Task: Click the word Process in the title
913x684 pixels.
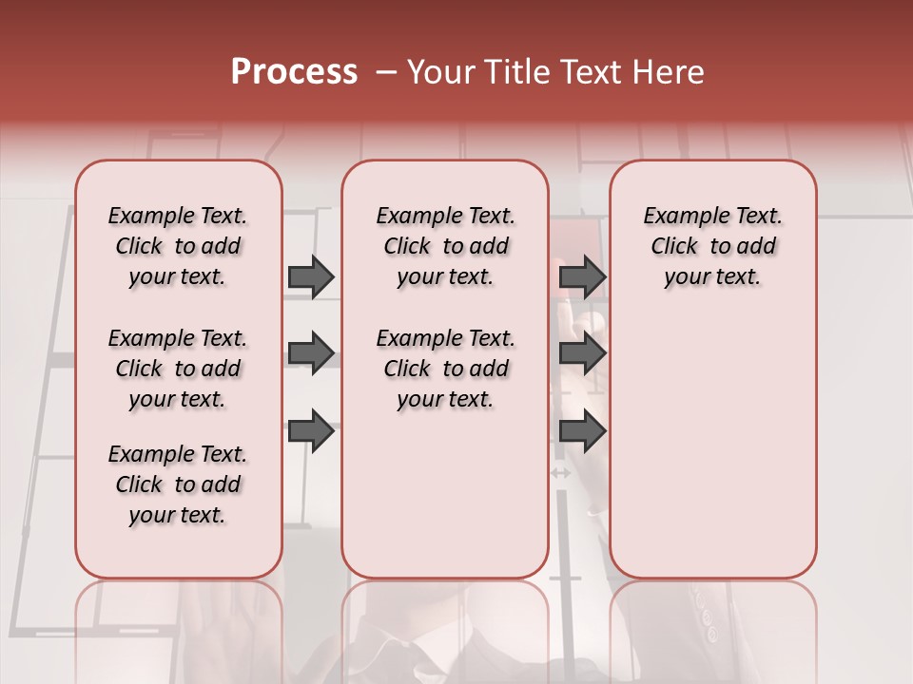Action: coord(294,72)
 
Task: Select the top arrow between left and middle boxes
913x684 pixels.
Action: coord(311,277)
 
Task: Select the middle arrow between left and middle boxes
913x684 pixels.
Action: coord(311,354)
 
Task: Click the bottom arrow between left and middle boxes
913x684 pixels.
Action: coord(311,431)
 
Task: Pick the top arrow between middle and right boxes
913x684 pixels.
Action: coord(582,277)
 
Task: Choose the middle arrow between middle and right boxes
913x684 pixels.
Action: coord(582,354)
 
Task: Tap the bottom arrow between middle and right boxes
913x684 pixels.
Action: coord(582,431)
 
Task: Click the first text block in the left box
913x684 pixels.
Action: coord(178,246)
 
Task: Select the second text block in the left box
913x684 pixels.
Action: coord(178,369)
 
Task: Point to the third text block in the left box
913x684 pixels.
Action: coord(178,484)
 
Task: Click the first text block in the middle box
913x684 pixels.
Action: coord(445,246)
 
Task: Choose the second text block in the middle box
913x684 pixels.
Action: coord(445,369)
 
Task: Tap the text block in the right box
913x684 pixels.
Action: coord(712,246)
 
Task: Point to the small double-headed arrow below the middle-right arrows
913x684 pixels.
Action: coord(561,472)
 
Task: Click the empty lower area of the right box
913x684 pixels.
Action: coord(712,446)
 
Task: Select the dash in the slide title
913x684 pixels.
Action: coord(385,72)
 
